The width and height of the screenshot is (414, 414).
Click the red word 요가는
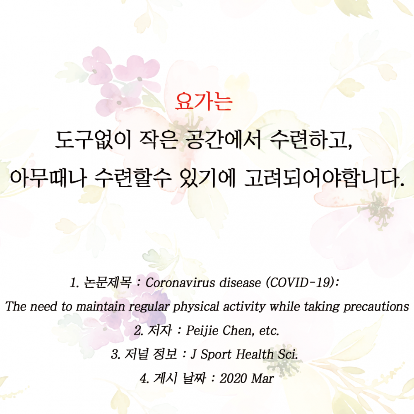[203, 101]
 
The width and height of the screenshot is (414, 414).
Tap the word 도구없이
[93, 140]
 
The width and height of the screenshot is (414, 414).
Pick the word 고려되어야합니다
[325, 178]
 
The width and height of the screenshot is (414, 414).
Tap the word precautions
[376, 307]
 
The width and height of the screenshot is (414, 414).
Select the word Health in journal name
[254, 354]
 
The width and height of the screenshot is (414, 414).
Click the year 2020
[233, 378]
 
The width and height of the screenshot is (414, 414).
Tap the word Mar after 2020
[262, 378]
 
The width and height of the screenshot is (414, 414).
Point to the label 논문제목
[108, 282]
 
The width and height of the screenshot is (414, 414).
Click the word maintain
[100, 307]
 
